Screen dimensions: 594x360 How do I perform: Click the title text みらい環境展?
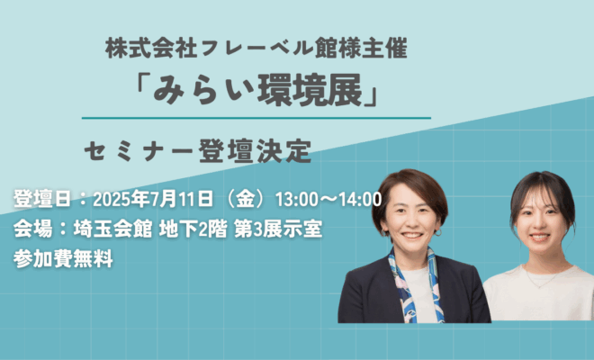tap(257, 92)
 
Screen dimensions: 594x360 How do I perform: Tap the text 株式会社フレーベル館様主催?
tap(256, 48)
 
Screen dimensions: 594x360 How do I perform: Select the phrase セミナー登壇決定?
tap(198, 151)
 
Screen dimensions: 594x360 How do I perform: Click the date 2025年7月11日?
tap(153, 199)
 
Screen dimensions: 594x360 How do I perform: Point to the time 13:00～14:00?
tap(328, 199)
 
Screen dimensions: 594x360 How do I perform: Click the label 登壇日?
tap(42, 199)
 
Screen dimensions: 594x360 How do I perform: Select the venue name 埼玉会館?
tap(112, 229)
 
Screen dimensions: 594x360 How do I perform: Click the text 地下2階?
tap(193, 229)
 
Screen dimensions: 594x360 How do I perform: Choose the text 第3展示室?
tap(278, 229)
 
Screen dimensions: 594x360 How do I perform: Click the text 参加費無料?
tap(63, 259)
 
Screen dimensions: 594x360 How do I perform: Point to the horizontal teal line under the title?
tap(256, 118)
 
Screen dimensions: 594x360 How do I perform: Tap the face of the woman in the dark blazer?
tap(411, 219)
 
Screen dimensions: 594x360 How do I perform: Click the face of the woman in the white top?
tap(539, 222)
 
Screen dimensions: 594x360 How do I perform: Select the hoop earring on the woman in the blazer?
tap(438, 232)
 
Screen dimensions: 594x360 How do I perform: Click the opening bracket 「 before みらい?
tap(143, 86)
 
